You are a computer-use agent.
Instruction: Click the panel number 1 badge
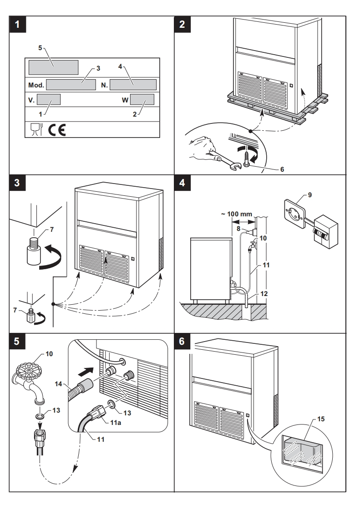tap(18, 25)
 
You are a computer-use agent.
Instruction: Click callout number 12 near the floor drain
tap(263, 294)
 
